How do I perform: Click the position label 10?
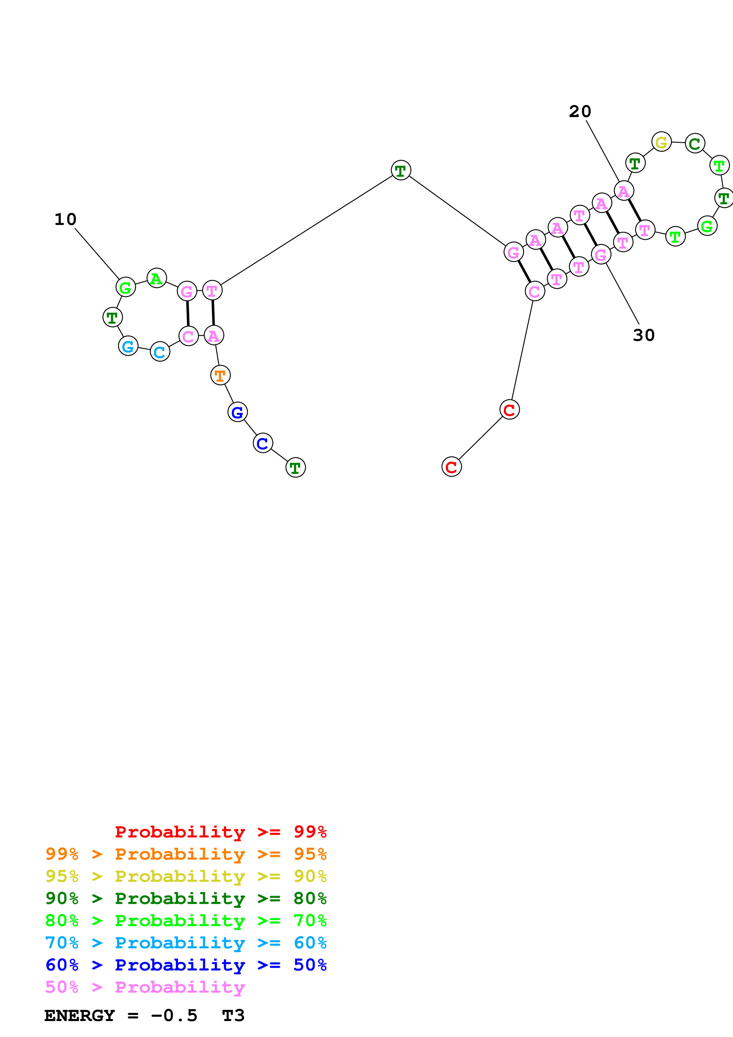click(65, 220)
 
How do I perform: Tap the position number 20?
click(580, 111)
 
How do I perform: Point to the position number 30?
click(644, 335)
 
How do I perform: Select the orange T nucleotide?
click(220, 375)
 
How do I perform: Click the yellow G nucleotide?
click(662, 142)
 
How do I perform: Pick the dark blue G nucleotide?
click(237, 412)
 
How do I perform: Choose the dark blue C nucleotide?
click(263, 443)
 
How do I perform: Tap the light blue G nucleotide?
click(128, 346)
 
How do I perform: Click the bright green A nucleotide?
click(157, 278)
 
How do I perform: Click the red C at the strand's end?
click(452, 467)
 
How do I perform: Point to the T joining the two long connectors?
click(401, 170)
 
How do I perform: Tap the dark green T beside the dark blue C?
click(296, 467)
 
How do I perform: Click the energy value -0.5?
click(174, 1016)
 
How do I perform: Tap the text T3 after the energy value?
click(233, 1016)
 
